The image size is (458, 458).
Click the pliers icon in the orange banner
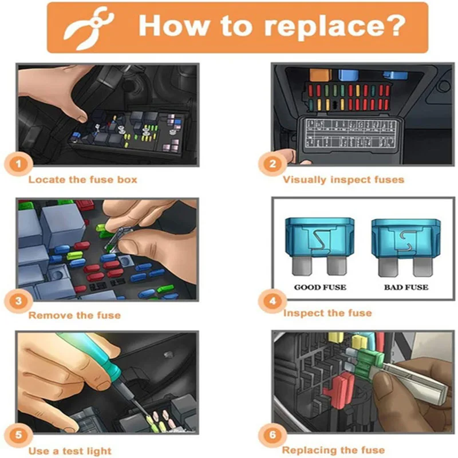click(88, 28)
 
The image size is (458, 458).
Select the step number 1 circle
click(18, 164)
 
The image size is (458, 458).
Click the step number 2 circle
click(273, 164)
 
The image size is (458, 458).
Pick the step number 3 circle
click(18, 301)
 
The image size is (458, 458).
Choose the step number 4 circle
click(273, 301)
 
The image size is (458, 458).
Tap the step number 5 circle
click(18, 435)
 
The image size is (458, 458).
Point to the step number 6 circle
click(273, 435)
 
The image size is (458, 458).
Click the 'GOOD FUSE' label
click(320, 287)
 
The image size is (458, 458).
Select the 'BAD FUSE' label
click(406, 287)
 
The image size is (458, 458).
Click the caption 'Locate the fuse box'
click(82, 179)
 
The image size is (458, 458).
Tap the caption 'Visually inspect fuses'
click(343, 180)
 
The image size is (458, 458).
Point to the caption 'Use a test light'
click(70, 451)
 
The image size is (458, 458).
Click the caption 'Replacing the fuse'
click(334, 450)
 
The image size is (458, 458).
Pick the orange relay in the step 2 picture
click(320, 75)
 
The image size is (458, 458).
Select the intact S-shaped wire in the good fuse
click(320, 241)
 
